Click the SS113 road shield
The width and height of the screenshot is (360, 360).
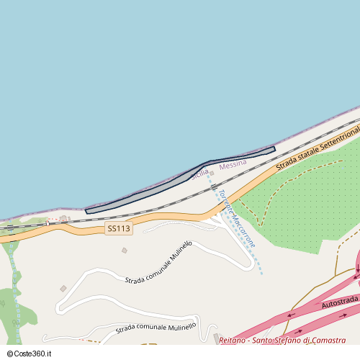tap(119, 228)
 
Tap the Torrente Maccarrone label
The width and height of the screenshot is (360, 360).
tap(236, 218)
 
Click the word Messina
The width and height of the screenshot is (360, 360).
tap(233, 165)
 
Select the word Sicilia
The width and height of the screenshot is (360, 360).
tap(199, 174)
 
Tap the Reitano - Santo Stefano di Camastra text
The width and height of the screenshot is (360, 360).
tap(282, 341)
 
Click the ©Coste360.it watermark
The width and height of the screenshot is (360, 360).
tap(29, 354)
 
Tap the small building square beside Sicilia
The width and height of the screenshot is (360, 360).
tap(212, 173)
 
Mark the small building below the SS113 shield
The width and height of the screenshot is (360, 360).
tap(124, 251)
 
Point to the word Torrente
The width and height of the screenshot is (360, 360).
tap(226, 202)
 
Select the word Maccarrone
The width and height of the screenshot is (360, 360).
tap(244, 231)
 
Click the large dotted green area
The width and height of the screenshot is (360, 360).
tap(302, 202)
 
